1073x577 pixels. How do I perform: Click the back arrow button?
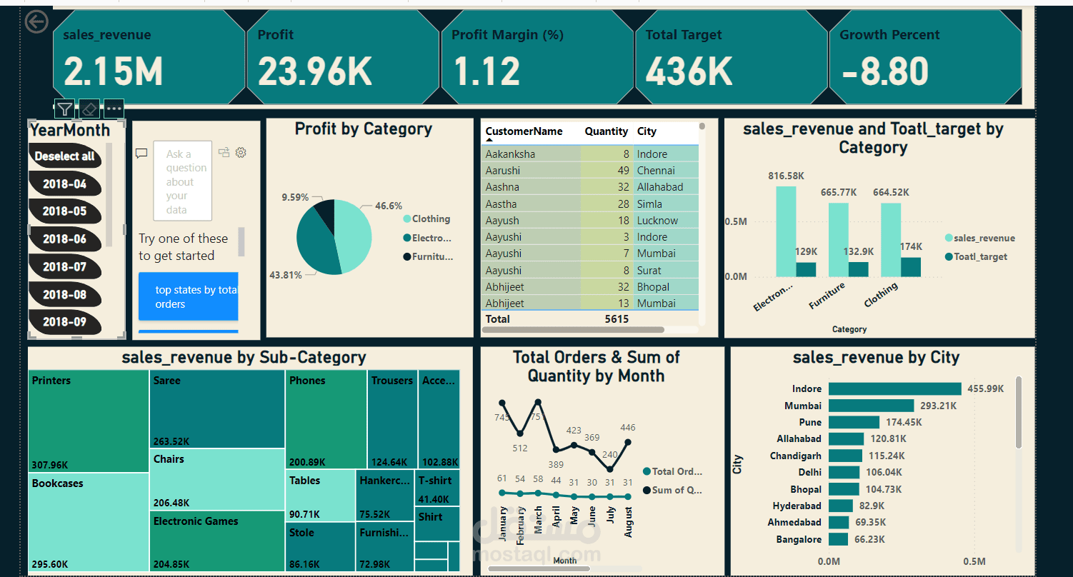pos(36,22)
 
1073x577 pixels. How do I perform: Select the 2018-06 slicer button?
pos(64,239)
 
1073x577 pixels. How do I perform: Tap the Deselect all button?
pos(64,156)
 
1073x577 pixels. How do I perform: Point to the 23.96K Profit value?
pos(314,71)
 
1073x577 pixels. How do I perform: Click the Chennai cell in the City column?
pos(656,171)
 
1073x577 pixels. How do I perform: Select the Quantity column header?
pos(606,131)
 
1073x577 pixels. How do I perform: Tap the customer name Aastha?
pos(501,204)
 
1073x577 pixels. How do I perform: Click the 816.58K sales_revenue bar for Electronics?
pos(786,231)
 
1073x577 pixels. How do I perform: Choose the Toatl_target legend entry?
pos(979,256)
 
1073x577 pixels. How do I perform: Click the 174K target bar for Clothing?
pos(911,267)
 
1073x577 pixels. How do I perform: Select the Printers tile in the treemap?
pos(89,421)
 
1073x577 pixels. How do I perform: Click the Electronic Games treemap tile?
pos(216,541)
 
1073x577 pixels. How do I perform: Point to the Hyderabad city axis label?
pos(797,506)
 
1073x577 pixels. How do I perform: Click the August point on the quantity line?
pos(628,442)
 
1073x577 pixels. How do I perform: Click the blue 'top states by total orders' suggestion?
pos(188,296)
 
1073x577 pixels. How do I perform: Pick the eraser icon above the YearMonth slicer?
pos(89,109)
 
